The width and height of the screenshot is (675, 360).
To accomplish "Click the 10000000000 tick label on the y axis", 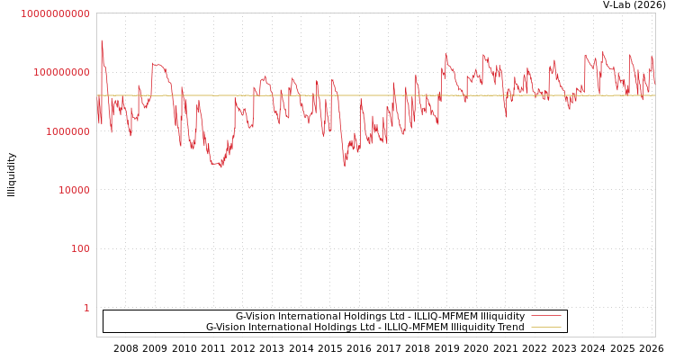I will pos(55,14).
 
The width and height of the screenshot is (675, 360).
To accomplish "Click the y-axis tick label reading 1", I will pos(86,308).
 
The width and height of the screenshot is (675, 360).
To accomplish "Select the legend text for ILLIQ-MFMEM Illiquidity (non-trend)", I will pos(380,317).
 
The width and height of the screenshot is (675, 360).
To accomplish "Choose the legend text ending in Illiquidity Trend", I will pos(364,328).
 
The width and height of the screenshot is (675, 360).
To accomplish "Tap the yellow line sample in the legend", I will pos(546,328).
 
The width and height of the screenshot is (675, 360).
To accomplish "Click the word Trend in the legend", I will pos(510,328).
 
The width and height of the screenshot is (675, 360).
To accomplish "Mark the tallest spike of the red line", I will pos(102,40).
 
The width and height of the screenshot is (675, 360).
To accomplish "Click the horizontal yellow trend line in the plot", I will pos(360,95).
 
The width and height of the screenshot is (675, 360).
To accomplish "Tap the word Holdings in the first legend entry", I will pos(352,317).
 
